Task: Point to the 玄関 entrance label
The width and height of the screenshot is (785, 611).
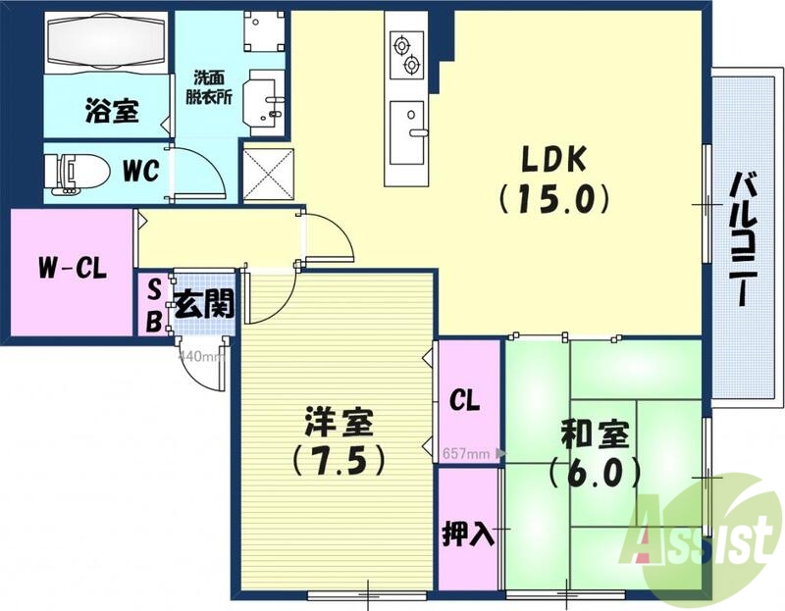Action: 203,304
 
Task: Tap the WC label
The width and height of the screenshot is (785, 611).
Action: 141,171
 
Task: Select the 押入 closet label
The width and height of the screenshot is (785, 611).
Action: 468,535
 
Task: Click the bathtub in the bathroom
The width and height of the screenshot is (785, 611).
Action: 105,42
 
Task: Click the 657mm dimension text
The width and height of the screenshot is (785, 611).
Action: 466,454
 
